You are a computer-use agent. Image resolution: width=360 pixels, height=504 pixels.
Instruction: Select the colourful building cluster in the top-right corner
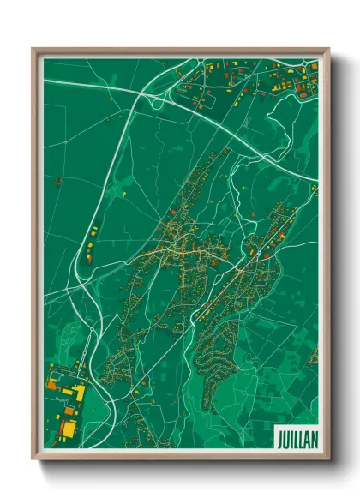coord(291,81)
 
